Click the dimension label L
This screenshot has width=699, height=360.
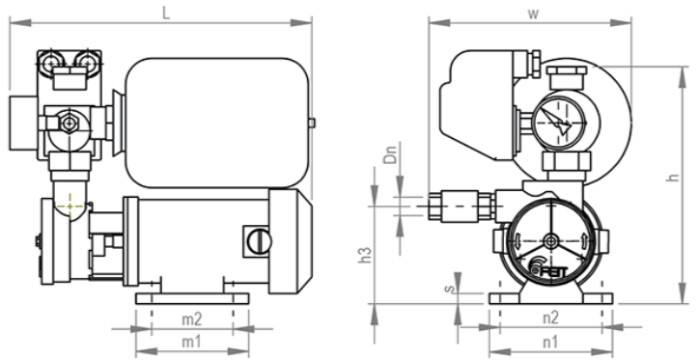point(166,13)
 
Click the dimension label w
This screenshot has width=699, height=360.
point(533,14)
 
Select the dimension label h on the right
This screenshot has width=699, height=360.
point(674,177)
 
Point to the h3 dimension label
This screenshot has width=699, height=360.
point(366,254)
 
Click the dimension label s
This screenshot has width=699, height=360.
point(450,289)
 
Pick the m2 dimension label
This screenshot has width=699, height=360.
point(192,319)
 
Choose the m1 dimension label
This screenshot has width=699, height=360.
point(191,343)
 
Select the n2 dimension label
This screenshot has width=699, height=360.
point(550,318)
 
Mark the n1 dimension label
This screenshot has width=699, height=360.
point(549,343)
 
